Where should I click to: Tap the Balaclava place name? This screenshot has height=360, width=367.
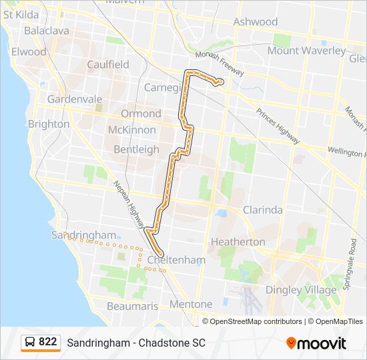[x=46, y=31]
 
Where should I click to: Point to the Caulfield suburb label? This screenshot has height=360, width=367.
[x=108, y=65]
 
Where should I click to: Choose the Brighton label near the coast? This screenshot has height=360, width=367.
[x=48, y=124]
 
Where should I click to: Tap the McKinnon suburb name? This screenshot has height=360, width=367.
[x=132, y=130]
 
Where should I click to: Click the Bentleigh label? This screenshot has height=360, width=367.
[x=136, y=149]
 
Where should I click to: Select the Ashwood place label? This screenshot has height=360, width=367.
[x=256, y=22]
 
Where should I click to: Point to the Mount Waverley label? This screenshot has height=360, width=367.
[x=306, y=51]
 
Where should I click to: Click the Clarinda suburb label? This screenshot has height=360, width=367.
[x=262, y=210]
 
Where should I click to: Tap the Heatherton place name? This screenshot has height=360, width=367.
[x=238, y=241]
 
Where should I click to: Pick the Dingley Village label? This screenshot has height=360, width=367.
[x=301, y=290]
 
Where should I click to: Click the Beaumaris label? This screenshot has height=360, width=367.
[x=132, y=307]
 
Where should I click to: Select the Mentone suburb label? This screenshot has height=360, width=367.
[x=190, y=305]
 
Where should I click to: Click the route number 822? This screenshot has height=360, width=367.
[x=47, y=342]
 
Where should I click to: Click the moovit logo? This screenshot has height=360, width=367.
[x=316, y=343]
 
